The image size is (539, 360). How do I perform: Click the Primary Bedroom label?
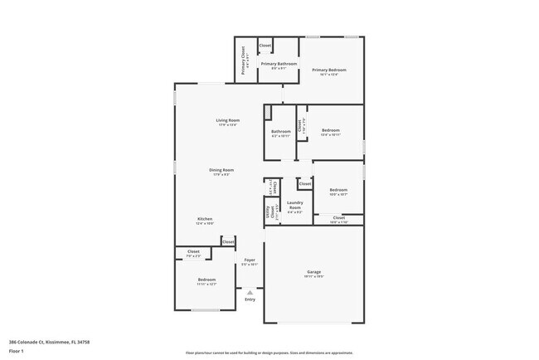coord(328,71)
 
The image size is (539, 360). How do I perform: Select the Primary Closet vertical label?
coord(244,61)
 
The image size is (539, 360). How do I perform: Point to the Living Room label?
coord(228,121)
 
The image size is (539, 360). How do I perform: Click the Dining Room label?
coord(222,170)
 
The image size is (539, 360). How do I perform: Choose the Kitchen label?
coord(205,219)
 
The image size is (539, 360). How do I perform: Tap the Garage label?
coord(314,271)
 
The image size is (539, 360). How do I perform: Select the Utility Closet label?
coord(269,212)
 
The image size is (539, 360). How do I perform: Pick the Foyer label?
coord(250,260)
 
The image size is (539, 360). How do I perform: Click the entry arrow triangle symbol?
coord(250,291)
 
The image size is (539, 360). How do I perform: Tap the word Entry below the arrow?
coord(250,299)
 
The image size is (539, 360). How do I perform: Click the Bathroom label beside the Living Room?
coord(280,131)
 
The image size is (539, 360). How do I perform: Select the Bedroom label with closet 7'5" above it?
coord(206,280)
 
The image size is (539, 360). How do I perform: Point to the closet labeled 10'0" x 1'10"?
coord(338,218)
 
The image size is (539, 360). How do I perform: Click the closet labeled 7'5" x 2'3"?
coord(193,251)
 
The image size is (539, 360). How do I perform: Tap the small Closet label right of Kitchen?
coord(227,241)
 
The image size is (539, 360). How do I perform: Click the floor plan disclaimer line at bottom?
coord(269,352)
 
